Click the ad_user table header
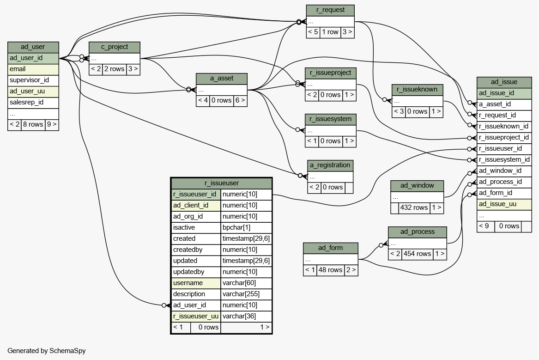(33, 47)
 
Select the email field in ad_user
(33, 69)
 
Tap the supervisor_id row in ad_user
(33, 80)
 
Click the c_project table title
(115, 47)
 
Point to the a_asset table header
(222, 79)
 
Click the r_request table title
(330, 10)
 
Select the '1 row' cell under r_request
(330, 32)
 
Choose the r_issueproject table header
(331, 73)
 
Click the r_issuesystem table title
(331, 119)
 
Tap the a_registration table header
(330, 165)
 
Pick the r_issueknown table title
(418, 90)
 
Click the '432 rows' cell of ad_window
(414, 207)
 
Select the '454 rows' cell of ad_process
(418, 254)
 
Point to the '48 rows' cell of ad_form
(330, 270)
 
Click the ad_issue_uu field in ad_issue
(504, 204)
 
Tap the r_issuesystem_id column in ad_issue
(504, 159)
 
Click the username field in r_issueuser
(196, 283)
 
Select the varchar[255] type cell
(246, 294)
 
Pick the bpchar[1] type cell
(246, 228)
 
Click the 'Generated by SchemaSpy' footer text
(46, 351)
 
